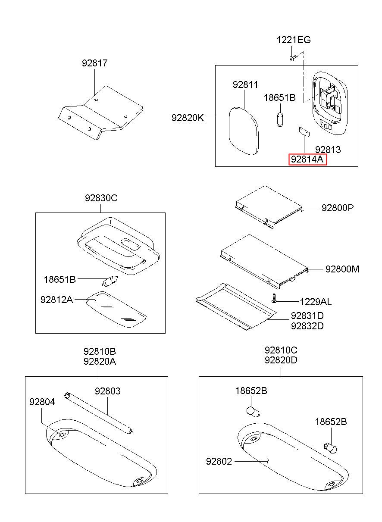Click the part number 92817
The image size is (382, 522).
tap(95, 63)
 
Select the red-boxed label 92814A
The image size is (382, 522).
tap(307, 159)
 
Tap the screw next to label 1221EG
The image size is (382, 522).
tap(293, 57)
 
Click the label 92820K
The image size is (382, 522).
tap(187, 117)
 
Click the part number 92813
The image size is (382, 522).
tap(328, 150)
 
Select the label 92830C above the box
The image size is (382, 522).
tap(101, 198)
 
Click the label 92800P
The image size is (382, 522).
tap(337, 207)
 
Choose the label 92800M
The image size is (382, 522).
tap(342, 269)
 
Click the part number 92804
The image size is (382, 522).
tap(42, 402)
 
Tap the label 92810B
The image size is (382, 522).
tap(100, 351)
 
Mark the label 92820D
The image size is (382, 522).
tap(281, 360)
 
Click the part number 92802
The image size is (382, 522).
tap(219, 462)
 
